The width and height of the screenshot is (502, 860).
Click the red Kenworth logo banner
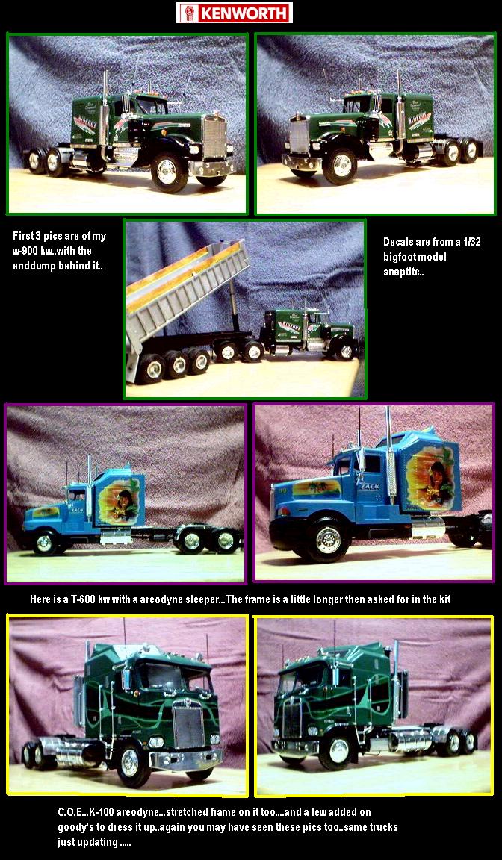coord(235,13)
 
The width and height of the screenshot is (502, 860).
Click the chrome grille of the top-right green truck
coord(300,135)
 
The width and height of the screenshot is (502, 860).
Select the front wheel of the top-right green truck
coord(340,165)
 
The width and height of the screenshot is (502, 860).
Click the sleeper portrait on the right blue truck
coord(433,477)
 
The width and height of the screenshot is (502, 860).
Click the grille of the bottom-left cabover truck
coord(188,726)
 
